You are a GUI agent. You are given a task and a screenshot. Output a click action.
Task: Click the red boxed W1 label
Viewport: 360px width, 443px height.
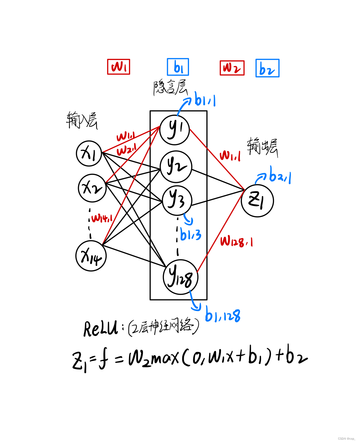coord(119,67)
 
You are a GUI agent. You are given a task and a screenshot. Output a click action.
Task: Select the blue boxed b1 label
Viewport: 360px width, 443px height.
coord(178,67)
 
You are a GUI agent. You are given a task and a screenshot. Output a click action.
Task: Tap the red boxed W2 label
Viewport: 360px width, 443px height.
coord(232,68)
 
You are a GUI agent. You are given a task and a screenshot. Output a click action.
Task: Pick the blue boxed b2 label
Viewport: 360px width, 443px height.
coord(267,68)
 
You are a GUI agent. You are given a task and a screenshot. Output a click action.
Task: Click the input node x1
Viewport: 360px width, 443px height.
coord(89,153)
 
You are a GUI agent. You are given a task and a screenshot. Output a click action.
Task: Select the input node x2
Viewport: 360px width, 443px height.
coord(92,188)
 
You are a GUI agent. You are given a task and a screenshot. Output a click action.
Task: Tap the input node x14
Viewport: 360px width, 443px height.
coord(91,256)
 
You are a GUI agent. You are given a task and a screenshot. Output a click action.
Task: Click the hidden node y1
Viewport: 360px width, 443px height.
coord(175,130)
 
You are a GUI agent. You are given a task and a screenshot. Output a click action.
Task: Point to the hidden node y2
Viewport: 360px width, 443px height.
coord(176,167)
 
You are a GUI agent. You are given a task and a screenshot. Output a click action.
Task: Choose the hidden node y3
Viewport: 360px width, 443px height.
coord(177,200)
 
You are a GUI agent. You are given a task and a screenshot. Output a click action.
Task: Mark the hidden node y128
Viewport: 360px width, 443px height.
coord(180,277)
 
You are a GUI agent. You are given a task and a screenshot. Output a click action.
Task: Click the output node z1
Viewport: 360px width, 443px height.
coord(257,201)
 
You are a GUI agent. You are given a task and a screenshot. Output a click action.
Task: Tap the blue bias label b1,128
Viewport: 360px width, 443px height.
coord(223,315)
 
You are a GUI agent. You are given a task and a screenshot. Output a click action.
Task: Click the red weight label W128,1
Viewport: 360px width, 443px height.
coord(237,241)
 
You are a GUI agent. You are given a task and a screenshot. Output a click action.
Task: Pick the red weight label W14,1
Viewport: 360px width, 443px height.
coord(102,218)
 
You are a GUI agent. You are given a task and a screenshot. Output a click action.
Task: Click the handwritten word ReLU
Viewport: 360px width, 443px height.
coord(101,329)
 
